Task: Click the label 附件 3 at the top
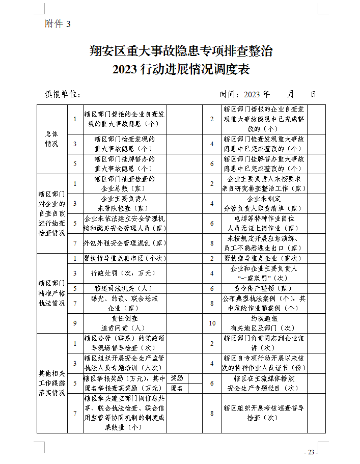tap(58, 24)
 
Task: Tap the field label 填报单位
tap(62, 94)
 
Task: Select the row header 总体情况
tap(52, 139)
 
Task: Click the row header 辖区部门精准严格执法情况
tap(52, 293)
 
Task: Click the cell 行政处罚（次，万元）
tap(124, 273)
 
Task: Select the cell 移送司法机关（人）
tap(124, 288)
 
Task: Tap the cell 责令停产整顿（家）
tap(264, 288)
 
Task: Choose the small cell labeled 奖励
tap(177, 378)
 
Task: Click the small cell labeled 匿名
tap(177, 388)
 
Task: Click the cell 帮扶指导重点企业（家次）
tap(264, 258)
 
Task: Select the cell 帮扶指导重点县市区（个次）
tap(124, 258)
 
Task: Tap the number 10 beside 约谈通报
tap(212, 322)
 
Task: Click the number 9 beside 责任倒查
tap(74, 322)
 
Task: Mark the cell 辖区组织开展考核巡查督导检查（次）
tap(264, 413)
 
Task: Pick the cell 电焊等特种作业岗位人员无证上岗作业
tap(264, 223)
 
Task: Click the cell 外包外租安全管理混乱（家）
tap(124, 243)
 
